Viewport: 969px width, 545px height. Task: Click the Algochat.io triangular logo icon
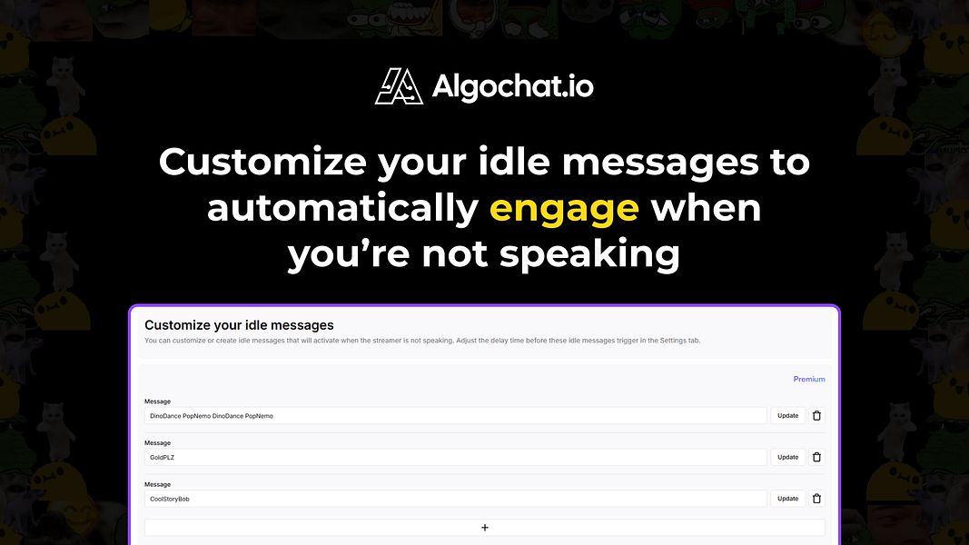coord(399,86)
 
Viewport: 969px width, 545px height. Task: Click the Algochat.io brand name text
coord(512,86)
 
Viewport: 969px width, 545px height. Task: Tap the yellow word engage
coord(564,209)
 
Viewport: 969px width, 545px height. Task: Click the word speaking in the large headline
coord(589,254)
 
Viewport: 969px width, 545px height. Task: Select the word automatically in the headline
coord(342,209)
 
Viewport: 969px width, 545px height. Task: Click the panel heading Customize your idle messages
coord(239,325)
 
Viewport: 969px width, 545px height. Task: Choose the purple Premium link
coord(808,379)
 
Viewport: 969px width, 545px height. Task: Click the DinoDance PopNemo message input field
coord(455,415)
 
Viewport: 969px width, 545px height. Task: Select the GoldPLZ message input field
coord(455,457)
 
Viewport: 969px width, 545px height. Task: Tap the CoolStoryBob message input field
coord(455,499)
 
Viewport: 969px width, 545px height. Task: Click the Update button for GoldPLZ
coord(787,457)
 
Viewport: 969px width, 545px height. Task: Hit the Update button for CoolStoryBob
coord(787,499)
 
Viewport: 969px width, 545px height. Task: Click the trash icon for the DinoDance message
coord(816,415)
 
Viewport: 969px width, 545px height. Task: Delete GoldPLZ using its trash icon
coord(816,457)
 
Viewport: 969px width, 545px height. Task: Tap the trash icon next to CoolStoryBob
coord(816,499)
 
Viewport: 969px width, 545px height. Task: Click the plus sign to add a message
coord(484,528)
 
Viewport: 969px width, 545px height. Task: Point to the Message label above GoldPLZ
coord(157,443)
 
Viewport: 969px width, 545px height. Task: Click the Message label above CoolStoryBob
coord(157,485)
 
